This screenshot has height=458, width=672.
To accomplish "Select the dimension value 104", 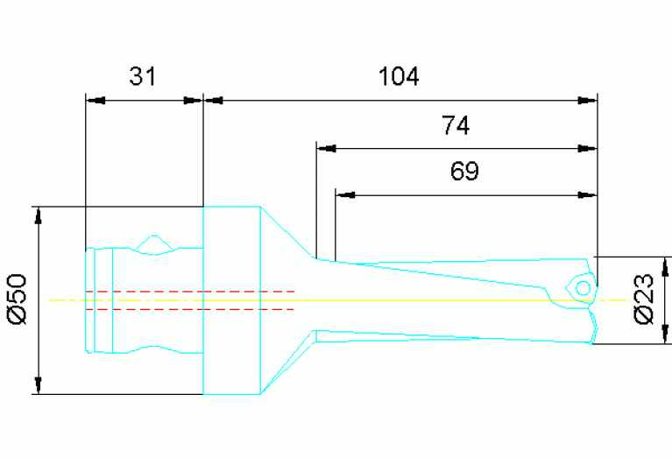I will coord(399,77).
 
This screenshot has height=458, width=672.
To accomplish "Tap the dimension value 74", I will coord(456,127).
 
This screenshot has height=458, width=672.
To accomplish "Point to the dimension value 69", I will coord(464,172).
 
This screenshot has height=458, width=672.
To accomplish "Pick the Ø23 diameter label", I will coord(644,299).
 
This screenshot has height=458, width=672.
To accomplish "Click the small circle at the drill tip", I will coord(581,286).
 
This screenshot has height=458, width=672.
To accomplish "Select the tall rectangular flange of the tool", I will coord(230,300).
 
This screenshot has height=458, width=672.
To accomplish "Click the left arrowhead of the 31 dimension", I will coord(95,100).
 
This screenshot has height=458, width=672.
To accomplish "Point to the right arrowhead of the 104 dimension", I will coord(587,100).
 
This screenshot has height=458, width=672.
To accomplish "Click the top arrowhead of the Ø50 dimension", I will coord(38,216).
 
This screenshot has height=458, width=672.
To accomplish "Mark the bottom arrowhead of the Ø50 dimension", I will coord(38,385).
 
